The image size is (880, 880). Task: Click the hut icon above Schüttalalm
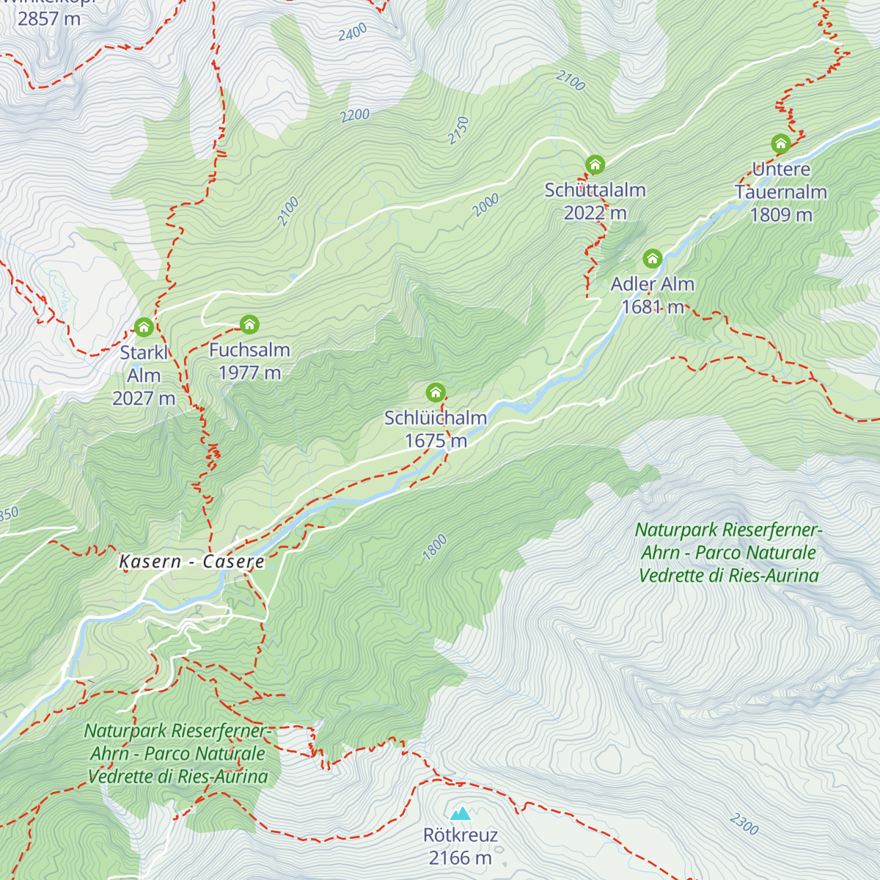coord(595,164)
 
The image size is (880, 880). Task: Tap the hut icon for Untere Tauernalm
coord(780,143)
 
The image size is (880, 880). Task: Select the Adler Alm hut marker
coord(652,258)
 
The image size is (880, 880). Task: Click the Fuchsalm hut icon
coord(249,324)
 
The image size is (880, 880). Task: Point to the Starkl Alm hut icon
coord(144,326)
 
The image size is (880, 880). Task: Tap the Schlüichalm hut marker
coord(436,392)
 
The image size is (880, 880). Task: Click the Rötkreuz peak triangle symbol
coord(461,813)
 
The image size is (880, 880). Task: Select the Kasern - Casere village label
coord(191,562)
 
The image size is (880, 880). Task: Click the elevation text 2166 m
coord(461,857)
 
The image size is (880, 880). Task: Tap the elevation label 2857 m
coord(49,19)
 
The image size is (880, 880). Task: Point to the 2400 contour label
coord(353,33)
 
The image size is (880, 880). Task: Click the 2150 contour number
coord(458,130)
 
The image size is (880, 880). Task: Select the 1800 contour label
coord(435,548)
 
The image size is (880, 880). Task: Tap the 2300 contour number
coord(744,824)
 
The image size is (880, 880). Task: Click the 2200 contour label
coord(355,115)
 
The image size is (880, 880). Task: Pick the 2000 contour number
coord(485,205)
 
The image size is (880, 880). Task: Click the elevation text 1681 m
coord(653,307)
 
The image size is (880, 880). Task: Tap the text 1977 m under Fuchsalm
coord(249,373)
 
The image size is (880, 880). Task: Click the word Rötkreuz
coord(461,835)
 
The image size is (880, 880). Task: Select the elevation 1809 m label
coord(781,214)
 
